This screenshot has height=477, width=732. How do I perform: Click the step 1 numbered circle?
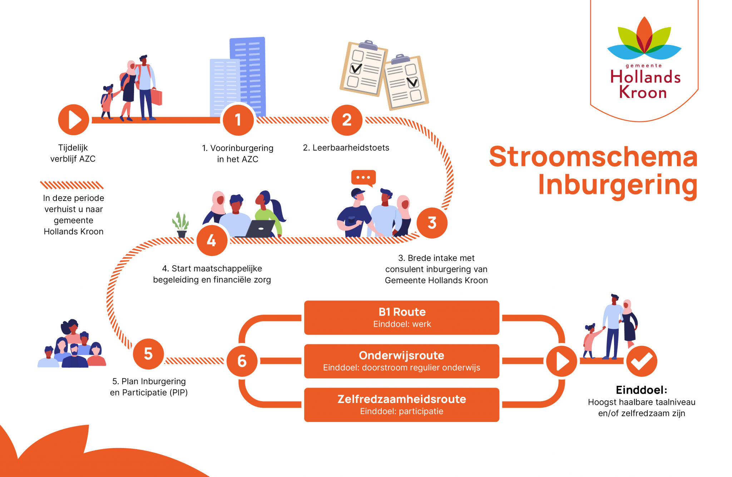point(238,120)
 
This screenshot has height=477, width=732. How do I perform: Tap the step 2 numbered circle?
point(347,120)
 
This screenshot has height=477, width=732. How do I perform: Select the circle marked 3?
point(432,223)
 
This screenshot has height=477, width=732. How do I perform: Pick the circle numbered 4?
point(212,240)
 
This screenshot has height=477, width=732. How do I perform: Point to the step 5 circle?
point(148,354)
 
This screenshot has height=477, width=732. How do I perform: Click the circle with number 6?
point(242,361)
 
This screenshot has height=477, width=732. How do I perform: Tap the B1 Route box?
point(401,318)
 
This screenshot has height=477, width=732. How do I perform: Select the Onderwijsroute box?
point(401,361)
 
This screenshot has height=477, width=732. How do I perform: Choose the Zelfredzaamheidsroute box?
point(401,405)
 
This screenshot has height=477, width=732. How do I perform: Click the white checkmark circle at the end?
point(642,361)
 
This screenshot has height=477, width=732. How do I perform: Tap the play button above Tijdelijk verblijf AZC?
point(74,120)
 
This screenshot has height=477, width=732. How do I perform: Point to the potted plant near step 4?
point(181,225)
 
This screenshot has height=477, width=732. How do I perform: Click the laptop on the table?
point(260,229)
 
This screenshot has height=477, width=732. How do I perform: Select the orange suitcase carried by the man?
point(157,97)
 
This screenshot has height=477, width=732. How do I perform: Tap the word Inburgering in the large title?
point(618,185)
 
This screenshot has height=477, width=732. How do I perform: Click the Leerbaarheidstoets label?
point(346,148)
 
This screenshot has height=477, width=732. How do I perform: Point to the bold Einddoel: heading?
point(641,390)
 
